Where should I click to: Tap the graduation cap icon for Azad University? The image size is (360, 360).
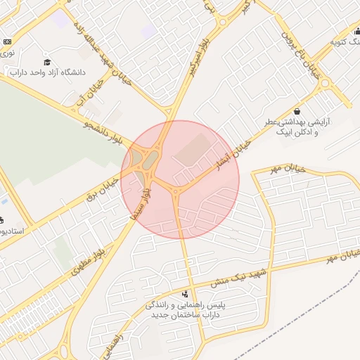tap(47, 62)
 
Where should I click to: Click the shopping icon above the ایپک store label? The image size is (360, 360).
tap(297, 111)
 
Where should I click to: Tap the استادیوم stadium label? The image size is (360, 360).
tap(12, 231)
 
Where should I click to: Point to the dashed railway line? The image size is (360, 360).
tap(309, 309)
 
